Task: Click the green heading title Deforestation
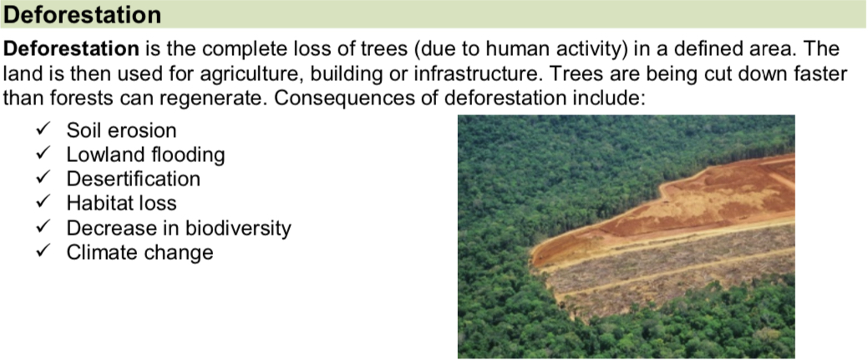[83, 15]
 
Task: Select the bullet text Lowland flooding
[145, 155]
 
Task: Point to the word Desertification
[134, 180]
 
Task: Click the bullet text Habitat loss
[121, 204]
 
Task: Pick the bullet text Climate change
[140, 252]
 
